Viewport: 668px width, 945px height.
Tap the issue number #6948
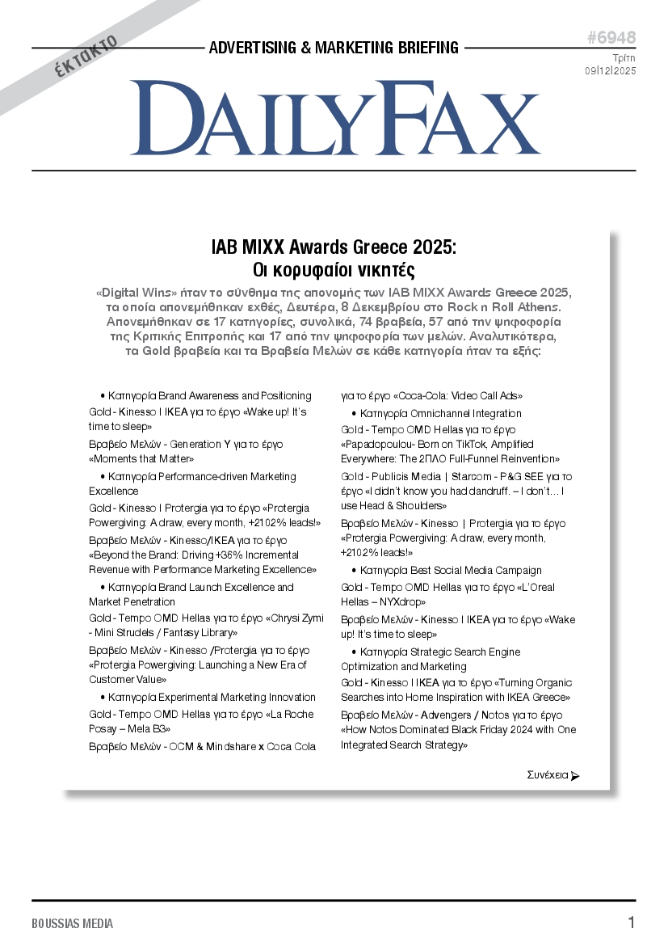pyautogui.click(x=611, y=38)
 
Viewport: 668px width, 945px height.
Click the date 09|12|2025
pyautogui.click(x=611, y=70)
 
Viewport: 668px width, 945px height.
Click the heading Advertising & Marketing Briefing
pyautogui.click(x=334, y=48)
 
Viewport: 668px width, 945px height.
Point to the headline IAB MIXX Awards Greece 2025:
pyautogui.click(x=334, y=247)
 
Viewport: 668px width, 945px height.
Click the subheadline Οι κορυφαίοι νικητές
pyautogui.click(x=334, y=269)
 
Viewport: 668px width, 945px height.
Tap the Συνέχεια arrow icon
pyautogui.click(x=575, y=776)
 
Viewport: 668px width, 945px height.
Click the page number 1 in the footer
pyautogui.click(x=631, y=922)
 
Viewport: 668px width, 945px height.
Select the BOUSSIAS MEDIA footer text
pyautogui.click(x=73, y=923)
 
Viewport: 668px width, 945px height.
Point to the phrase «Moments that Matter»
pyautogui.click(x=137, y=459)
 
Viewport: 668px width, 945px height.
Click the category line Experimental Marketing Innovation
pyautogui.click(x=212, y=697)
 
